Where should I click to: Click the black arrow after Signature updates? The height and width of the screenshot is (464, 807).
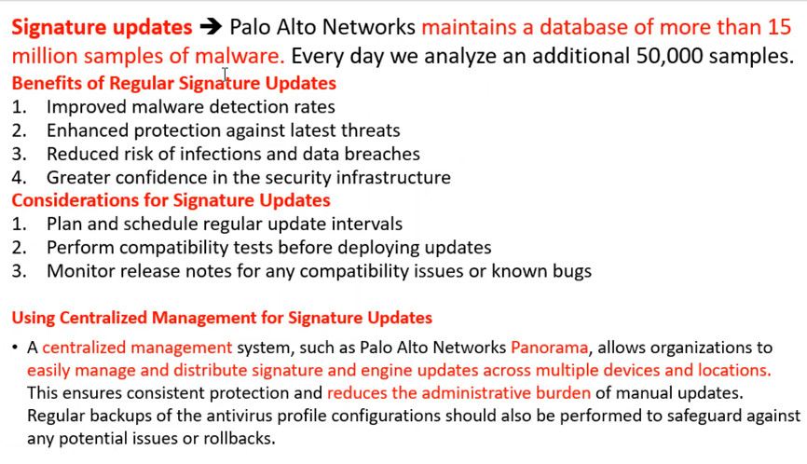tap(211, 27)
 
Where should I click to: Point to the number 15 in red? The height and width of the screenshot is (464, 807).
tap(779, 27)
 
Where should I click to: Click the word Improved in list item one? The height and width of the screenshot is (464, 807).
tap(87, 107)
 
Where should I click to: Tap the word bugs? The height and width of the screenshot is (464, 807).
tap(574, 272)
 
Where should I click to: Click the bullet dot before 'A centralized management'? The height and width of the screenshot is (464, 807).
tap(15, 348)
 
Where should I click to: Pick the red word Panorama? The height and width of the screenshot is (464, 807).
tap(549, 348)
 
